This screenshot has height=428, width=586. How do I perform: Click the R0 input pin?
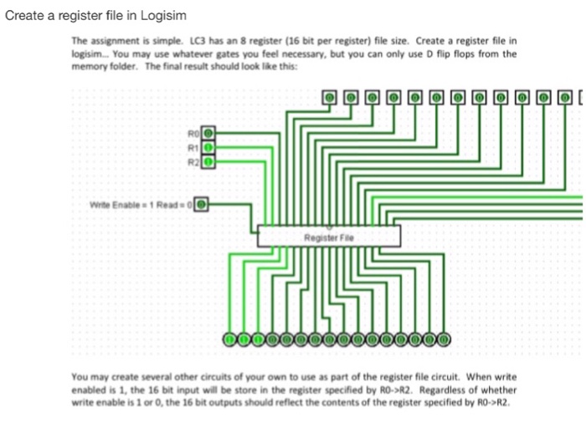[209, 132]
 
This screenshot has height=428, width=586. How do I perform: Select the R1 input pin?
[209, 145]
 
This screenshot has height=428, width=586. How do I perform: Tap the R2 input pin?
[209, 157]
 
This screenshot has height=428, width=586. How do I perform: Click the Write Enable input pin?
[201, 202]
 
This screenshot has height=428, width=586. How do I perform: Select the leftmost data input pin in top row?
[330, 98]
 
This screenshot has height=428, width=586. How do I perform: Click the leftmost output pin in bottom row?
[229, 339]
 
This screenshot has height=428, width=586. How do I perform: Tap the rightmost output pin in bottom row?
[445, 339]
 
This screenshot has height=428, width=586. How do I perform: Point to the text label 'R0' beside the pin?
[194, 132]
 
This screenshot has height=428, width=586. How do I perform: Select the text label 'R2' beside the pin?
[194, 157]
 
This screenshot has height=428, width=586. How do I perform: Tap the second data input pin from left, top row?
[351, 98]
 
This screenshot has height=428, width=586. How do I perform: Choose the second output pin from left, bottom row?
[244, 339]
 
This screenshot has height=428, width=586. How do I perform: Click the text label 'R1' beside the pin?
[194, 145]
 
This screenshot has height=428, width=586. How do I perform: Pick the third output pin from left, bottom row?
[258, 339]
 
